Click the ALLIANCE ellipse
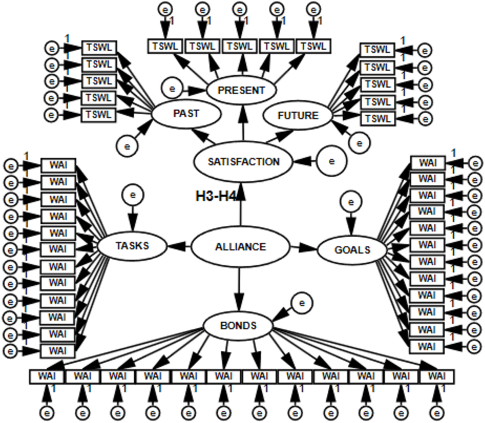coord(240,247)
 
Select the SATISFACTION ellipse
coord(243,162)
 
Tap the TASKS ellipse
coord(132,246)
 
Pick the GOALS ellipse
coord(352,250)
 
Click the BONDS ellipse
coord(238,326)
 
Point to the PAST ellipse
coord(186,114)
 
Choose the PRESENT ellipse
coord(241,90)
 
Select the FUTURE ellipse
coord(298,115)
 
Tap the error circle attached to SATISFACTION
coord(331,161)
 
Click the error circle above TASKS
coord(133,195)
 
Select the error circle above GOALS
coord(351,202)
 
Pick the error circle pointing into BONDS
coord(302,303)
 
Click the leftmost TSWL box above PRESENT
coord(165,46)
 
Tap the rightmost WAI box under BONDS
coord(437,376)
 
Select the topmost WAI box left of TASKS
coord(58,165)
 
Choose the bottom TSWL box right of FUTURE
coord(378,119)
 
